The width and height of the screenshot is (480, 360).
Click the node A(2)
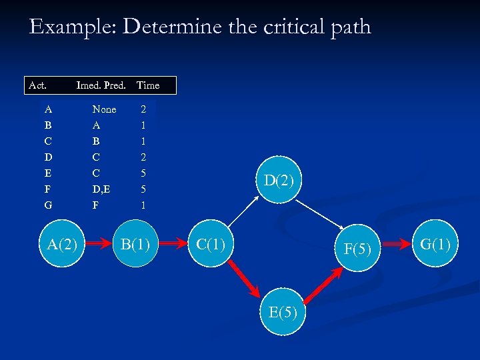(63, 245)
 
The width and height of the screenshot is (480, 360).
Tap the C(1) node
(211, 245)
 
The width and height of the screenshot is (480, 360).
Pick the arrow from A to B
(99, 245)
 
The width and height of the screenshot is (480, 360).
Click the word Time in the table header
(147, 85)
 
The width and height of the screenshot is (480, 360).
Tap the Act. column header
(37, 85)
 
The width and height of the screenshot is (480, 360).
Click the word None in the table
(104, 109)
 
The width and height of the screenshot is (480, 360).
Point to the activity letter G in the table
(48, 205)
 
